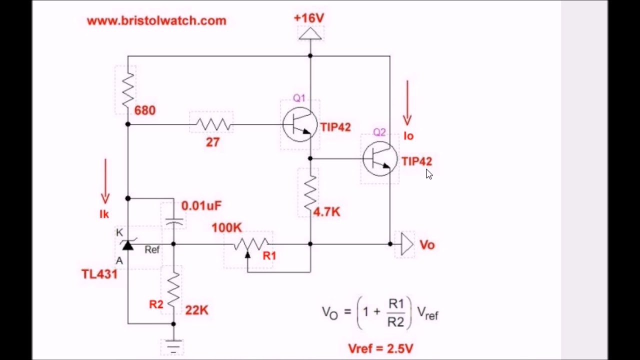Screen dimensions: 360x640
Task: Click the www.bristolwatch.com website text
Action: coord(156,21)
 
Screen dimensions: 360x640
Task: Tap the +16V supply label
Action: coord(309,18)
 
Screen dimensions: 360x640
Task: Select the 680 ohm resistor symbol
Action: coord(128,89)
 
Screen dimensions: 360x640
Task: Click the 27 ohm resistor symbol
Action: coord(213,124)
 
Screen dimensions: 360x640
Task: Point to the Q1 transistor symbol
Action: coord(299,125)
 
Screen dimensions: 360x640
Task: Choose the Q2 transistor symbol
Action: coord(380,159)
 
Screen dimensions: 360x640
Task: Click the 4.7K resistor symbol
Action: coord(310,192)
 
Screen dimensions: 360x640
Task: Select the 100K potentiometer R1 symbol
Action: coord(250,244)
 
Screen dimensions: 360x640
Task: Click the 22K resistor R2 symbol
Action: coord(173,290)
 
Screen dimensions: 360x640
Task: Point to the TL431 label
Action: coord(99,274)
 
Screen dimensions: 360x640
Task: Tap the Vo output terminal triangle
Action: coord(406,244)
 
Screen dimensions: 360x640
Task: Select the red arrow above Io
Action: coord(407,102)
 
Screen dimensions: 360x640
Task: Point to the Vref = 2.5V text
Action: coord(380,348)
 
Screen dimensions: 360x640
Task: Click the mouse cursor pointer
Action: coord(429,173)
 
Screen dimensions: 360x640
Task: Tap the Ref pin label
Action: coord(152,249)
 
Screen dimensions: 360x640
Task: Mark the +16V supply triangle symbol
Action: coord(310,33)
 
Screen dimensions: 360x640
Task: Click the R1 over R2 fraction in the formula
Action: coord(395,312)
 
